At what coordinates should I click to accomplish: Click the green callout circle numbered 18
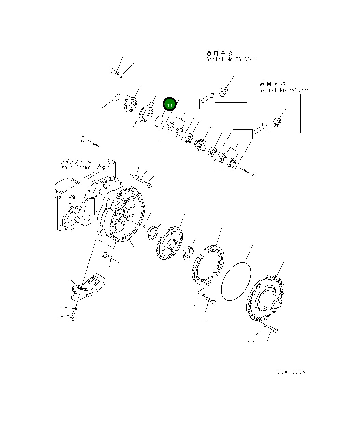169,105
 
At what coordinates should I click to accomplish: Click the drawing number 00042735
291,372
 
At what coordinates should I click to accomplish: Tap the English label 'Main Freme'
76,167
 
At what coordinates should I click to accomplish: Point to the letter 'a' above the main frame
83,139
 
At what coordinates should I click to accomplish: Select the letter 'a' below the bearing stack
253,177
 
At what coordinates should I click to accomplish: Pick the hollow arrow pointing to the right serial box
260,128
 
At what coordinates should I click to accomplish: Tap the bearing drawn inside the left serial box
224,91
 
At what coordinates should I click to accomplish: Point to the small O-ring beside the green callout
158,121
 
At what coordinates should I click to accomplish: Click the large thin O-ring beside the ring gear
236,281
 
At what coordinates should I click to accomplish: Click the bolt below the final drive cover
273,329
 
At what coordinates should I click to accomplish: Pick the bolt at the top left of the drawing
114,71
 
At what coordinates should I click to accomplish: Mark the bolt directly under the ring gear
210,301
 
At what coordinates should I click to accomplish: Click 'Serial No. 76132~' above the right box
284,90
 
